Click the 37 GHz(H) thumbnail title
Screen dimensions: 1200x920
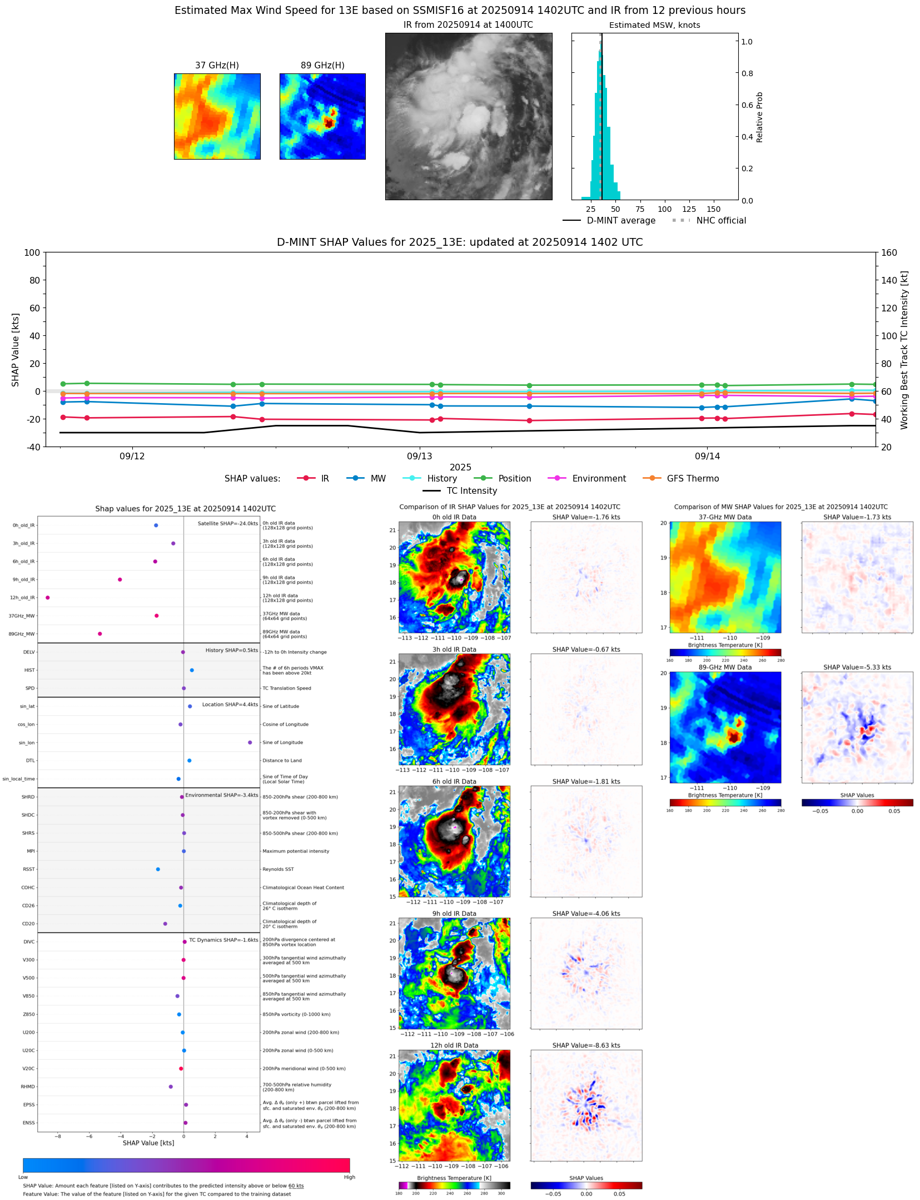pyautogui.click(x=217, y=66)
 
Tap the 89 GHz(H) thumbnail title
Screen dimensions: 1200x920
pyautogui.click(x=322, y=66)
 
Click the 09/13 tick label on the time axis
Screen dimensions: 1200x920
pyautogui.click(x=419, y=457)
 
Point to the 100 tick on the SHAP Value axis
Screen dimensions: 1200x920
pyautogui.click(x=32, y=253)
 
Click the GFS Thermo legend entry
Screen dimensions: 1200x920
pyautogui.click(x=693, y=479)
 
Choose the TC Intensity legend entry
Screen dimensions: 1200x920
pyautogui.click(x=471, y=491)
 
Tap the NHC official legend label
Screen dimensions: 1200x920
pyautogui.click(x=721, y=221)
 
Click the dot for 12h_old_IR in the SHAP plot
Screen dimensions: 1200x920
pyautogui.click(x=48, y=598)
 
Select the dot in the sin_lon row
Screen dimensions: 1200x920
pyautogui.click(x=250, y=742)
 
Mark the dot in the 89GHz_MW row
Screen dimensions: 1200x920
pyautogui.click(x=100, y=634)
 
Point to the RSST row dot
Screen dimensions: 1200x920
pyautogui.click(x=158, y=869)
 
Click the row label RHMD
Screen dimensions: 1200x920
pyautogui.click(x=28, y=1087)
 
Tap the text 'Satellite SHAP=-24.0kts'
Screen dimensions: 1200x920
pyautogui.click(x=227, y=524)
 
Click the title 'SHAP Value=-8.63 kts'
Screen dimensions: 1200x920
pyautogui.click(x=586, y=1045)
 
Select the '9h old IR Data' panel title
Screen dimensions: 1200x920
pyautogui.click(x=454, y=914)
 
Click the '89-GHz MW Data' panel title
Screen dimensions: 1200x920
pyautogui.click(x=725, y=667)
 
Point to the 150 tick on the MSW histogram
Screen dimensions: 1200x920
pyautogui.click(x=713, y=210)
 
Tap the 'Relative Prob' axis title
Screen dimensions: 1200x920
pyautogui.click(x=759, y=117)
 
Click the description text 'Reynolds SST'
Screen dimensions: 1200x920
pyautogui.click(x=278, y=869)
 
